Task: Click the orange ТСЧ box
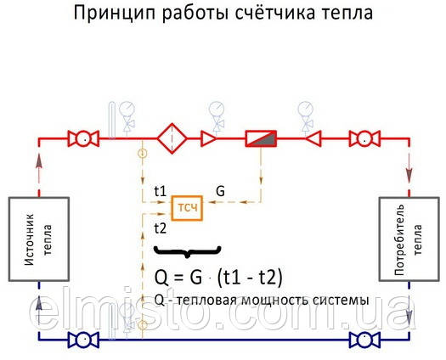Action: click(187, 208)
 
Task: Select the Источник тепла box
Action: click(39, 239)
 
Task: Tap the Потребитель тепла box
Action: click(409, 239)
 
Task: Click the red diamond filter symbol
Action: click(172, 138)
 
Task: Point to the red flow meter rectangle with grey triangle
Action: click(261, 138)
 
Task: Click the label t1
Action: click(161, 191)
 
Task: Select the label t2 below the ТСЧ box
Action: click(161, 228)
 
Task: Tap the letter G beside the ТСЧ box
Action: click(220, 191)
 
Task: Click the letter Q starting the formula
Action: click(161, 278)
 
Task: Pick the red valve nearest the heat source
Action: click(83, 138)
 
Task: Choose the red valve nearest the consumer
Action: click(364, 138)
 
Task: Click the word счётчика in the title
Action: click(275, 13)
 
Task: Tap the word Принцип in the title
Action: click(114, 14)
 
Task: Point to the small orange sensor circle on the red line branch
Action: click(142, 154)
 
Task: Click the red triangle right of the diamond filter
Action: click(208, 138)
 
